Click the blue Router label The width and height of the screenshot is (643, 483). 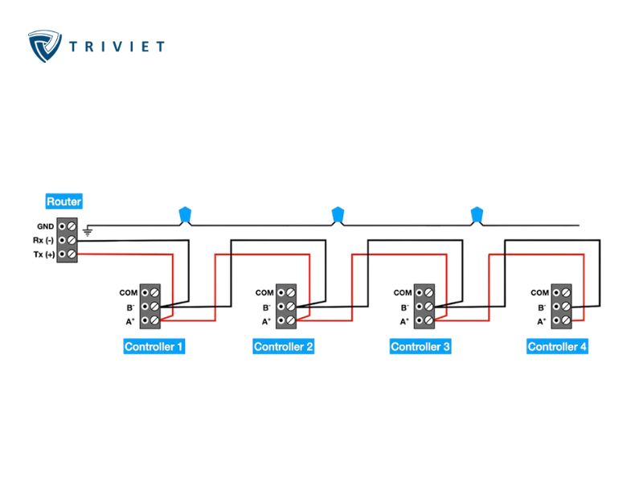63,202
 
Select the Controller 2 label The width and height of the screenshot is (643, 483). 284,347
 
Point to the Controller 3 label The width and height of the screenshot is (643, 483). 420,347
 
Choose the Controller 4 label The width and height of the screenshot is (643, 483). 557,347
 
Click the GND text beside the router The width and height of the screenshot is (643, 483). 45,227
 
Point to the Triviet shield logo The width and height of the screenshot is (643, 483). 45,45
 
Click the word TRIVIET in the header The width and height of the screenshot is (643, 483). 117,46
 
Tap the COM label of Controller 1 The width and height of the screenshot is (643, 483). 129,293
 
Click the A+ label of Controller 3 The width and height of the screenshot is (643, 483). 403,321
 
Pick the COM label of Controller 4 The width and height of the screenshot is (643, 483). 539,293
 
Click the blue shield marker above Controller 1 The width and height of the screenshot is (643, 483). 186,214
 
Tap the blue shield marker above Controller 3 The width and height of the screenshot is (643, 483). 476,214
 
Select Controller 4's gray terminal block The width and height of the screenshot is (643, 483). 562,307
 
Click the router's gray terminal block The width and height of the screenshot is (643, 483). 68,240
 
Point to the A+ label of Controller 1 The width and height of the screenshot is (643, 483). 129,321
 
